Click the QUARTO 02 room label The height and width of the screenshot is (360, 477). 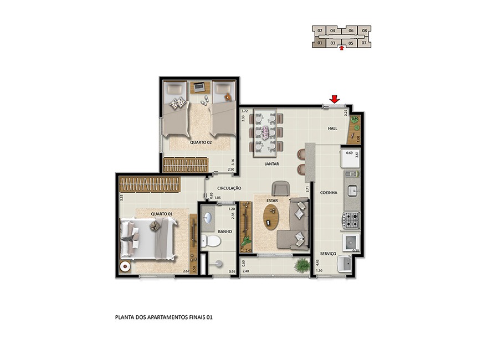click(201, 142)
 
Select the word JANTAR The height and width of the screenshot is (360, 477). click(271, 164)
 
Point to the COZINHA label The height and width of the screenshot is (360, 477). click(329, 193)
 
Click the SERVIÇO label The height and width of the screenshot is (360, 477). click(329, 253)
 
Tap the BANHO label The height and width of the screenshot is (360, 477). click(224, 232)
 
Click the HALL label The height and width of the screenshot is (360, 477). click(332, 128)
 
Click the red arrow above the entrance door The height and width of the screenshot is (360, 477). click(334, 99)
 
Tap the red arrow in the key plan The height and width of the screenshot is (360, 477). click(342, 48)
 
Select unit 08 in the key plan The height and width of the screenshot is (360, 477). click(364, 30)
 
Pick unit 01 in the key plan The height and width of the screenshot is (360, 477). click(320, 43)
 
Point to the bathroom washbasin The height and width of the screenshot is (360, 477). click(208, 218)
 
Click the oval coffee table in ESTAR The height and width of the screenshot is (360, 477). click(271, 217)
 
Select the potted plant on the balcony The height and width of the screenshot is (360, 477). click(302, 265)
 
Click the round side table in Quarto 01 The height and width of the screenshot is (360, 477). click(126, 265)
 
